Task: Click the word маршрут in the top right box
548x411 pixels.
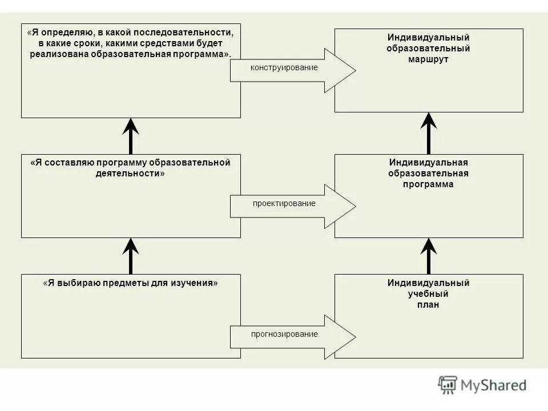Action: [x=429, y=59]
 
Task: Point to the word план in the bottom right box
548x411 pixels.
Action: [x=428, y=305]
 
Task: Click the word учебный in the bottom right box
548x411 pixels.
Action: [x=428, y=294]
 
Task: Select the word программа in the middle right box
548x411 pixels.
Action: [x=428, y=184]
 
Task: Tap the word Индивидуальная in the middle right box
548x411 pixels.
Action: [x=428, y=163]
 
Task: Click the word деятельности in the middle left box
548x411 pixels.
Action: [x=130, y=174]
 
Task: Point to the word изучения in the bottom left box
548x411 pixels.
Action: [x=195, y=283]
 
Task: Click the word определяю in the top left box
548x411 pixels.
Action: [x=63, y=33]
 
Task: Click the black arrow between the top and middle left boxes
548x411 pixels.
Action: [x=131, y=136]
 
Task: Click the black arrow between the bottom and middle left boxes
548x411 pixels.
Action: [x=131, y=256]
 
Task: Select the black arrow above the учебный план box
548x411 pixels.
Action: [x=429, y=256]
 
